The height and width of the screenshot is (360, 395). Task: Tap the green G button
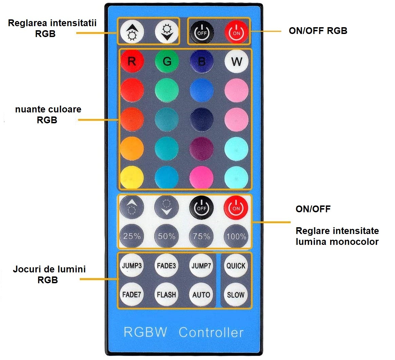167,61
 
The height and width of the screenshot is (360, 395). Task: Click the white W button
237,61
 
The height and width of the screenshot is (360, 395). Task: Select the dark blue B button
202,61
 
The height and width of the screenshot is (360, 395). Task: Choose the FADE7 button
131,294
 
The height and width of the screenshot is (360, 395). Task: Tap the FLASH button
166,294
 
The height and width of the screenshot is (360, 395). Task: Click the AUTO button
201,294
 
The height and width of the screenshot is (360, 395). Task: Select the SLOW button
236,294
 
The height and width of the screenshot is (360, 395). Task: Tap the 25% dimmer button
131,236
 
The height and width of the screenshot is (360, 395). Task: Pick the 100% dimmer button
236,236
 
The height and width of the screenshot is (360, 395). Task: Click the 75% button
202,236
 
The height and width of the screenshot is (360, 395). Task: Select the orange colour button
132,148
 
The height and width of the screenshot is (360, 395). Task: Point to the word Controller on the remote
211,332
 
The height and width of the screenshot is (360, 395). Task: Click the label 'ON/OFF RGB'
318,31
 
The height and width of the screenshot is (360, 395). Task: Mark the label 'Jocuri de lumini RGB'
49,274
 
